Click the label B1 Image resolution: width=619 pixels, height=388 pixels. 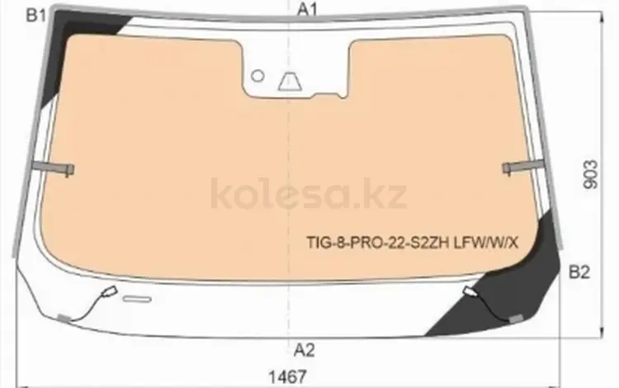coord(36,16)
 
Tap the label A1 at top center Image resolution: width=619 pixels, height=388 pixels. coord(307,9)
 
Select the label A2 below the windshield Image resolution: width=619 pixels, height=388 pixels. coord(305,350)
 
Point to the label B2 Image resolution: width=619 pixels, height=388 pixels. coord(579,272)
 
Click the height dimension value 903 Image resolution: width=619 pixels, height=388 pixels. coord(591,174)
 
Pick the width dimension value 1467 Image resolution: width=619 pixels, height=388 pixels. coord(287,376)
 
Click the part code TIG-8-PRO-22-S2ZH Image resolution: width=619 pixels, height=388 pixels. coord(378,243)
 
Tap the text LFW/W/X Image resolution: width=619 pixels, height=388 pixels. coord(486,243)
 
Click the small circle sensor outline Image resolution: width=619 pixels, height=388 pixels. coord(258,76)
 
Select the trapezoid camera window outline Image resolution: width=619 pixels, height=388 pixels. coord(290,81)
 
